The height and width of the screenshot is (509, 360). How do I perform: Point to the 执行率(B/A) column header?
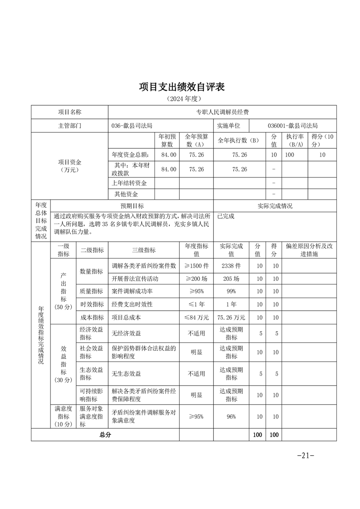295,140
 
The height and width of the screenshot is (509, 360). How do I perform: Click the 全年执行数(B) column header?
239,140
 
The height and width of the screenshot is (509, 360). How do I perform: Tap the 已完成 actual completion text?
226,216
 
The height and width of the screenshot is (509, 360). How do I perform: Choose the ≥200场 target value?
196,278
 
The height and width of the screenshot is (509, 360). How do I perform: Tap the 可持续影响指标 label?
92,395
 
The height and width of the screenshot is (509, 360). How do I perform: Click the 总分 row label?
105,435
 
